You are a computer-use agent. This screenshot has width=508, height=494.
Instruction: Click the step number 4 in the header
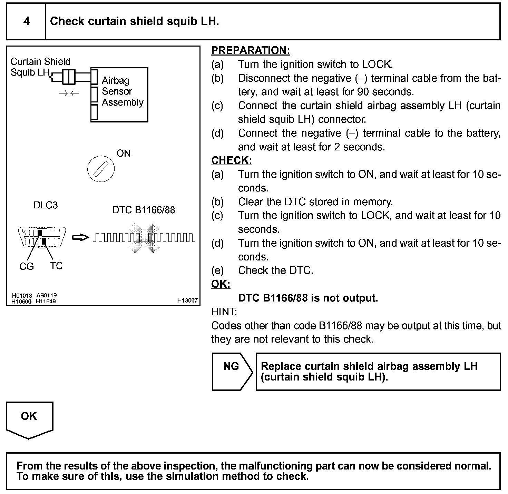(26, 21)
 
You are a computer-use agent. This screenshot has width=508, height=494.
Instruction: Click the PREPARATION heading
(250, 50)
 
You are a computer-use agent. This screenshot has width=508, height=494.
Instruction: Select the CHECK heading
(231, 160)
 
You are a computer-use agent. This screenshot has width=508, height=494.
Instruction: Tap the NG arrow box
(231, 371)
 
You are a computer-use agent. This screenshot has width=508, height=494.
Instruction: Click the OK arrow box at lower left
(29, 419)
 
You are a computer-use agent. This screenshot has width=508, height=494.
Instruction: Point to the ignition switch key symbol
(101, 169)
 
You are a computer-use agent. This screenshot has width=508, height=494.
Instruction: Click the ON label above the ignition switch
(124, 153)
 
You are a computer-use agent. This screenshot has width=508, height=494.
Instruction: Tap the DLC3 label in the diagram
(46, 205)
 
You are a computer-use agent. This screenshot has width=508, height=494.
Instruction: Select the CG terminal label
(27, 266)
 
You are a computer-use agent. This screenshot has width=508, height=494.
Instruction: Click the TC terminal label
(56, 266)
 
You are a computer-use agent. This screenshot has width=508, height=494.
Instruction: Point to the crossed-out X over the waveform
(144, 238)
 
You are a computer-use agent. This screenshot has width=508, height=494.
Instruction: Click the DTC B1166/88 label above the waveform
(144, 210)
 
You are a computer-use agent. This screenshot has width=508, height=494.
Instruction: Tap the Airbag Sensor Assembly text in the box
(122, 91)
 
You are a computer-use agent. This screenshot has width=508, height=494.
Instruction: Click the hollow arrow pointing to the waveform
(80, 237)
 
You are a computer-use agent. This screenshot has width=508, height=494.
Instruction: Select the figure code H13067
(187, 300)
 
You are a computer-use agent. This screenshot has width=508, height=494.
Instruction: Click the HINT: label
(224, 312)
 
